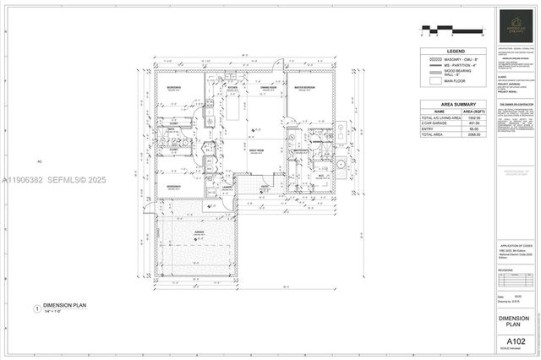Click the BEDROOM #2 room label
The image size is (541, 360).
click(172, 88)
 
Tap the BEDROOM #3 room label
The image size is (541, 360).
click(172, 186)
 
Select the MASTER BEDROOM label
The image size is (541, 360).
click(304, 88)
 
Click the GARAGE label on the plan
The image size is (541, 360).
click(200, 231)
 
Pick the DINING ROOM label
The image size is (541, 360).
click(269, 88)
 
